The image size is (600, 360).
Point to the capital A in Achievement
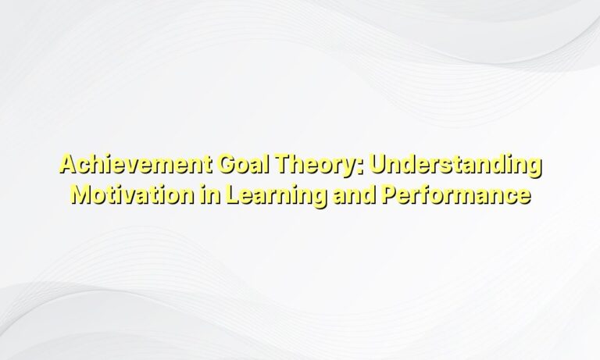(x=67, y=166)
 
